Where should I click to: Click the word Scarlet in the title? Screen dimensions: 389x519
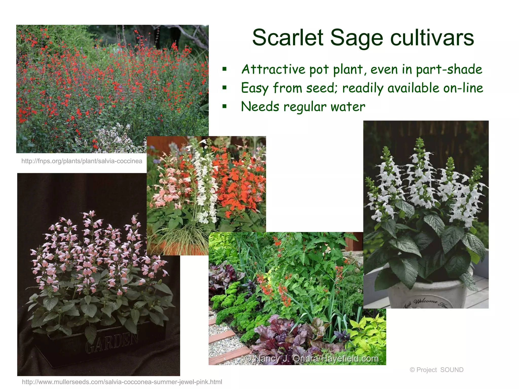(288, 38)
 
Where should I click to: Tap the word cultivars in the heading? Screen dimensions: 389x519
(432, 38)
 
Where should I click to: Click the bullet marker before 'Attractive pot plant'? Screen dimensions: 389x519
(224, 69)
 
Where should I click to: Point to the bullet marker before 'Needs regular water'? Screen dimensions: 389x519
(224, 106)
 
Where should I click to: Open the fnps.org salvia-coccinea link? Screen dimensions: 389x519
(82, 161)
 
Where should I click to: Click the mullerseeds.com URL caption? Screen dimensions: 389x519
(122, 382)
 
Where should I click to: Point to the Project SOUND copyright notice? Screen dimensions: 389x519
(436, 370)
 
